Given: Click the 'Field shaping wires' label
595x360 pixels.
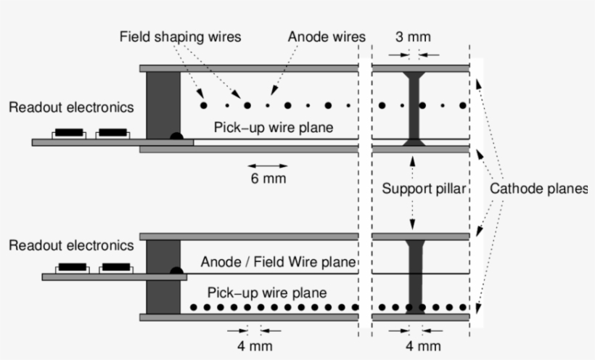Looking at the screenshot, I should coord(179,37).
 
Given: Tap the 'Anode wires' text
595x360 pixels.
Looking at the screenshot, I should coord(327,37).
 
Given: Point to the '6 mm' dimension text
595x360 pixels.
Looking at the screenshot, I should coord(268,178).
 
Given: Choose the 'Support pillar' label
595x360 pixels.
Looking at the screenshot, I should coord(423,189).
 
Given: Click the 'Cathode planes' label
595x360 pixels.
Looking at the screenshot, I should coord(538,189).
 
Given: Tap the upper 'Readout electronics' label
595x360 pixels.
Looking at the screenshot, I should coord(71,107).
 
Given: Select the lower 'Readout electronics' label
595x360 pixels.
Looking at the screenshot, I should coord(71,245).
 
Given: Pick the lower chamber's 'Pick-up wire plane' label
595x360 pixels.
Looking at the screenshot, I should coord(267,293).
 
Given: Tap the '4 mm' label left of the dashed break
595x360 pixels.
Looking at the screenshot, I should coord(255,345).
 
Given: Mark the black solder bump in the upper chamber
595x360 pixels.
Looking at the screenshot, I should coord(176,135).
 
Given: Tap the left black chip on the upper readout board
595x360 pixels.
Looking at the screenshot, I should coord(69,134).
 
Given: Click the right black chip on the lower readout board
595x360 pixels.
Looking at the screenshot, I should coord(117,268).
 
